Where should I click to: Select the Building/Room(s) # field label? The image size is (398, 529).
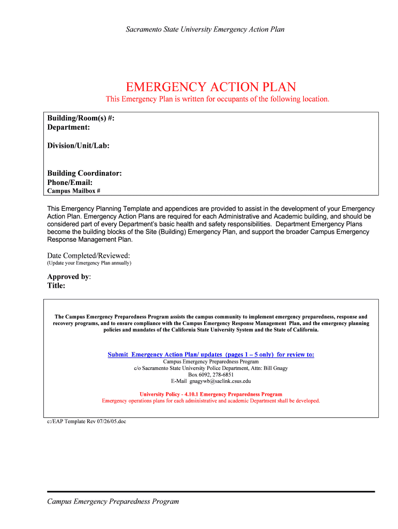pyautogui.click(x=81, y=118)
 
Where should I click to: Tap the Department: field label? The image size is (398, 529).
pyautogui.click(x=69, y=127)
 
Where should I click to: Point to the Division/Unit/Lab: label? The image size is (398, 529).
pyautogui.click(x=79, y=146)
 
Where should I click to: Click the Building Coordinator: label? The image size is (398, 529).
pyautogui.click(x=85, y=173)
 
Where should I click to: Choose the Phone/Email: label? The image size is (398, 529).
pyautogui.click(x=70, y=182)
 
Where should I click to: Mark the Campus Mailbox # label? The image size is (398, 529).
pyautogui.click(x=74, y=191)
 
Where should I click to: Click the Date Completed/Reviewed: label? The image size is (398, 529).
pyautogui.click(x=88, y=256)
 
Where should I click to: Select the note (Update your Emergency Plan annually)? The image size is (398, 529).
pyautogui.click(x=89, y=263)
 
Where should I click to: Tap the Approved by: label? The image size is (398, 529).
pyautogui.click(x=69, y=276)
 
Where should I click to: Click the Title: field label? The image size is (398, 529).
pyautogui.click(x=56, y=285)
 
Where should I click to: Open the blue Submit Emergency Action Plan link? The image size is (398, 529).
pyautogui.click(x=210, y=354)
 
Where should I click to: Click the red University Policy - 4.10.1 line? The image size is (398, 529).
pyautogui.click(x=211, y=394)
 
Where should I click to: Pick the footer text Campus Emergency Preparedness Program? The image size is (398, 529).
pyautogui.click(x=113, y=501)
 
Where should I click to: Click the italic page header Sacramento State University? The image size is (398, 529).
pyautogui.click(x=205, y=29)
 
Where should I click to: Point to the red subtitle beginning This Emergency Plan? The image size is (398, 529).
pyautogui.click(x=217, y=99)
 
